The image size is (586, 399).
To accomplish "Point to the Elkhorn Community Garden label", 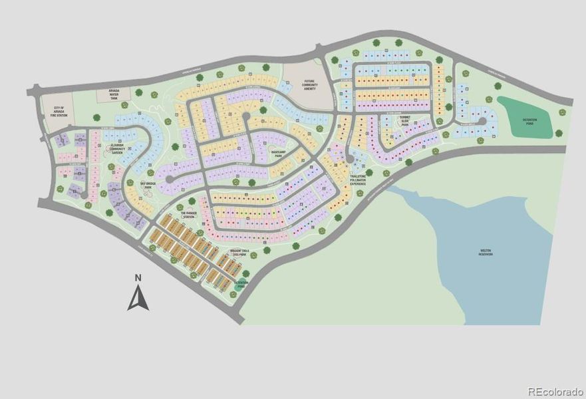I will [118, 150].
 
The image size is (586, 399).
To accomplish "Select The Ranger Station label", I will [188, 214].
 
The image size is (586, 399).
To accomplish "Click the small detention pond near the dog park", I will [240, 284].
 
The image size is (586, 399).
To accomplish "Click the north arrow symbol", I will [138, 299].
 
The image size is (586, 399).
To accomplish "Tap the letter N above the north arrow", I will [138, 278].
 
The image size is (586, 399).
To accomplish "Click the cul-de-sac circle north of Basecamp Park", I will [245, 116].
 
